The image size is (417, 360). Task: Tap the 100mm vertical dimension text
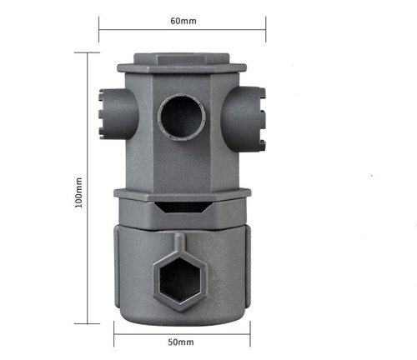coord(78,192)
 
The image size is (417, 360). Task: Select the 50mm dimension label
coord(181,342)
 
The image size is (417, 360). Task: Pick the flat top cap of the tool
coord(182,60)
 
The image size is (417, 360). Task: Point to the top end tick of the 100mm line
coord(87,52)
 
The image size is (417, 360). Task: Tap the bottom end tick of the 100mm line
coord(87,323)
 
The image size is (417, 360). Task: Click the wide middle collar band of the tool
coord(182,195)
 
